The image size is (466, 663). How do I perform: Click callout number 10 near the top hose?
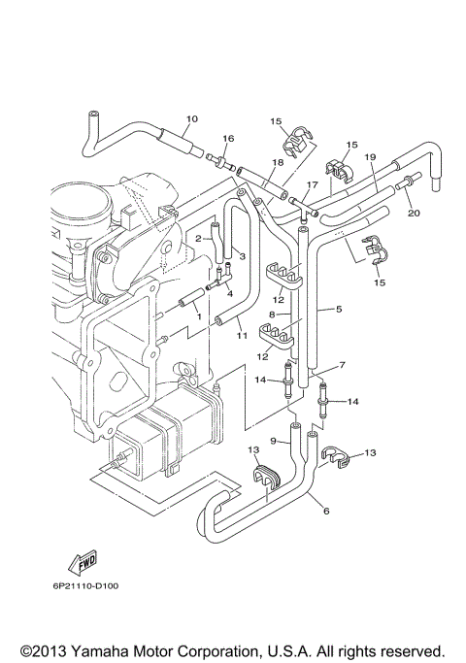[x=191, y=118]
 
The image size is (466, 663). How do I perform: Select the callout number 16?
[x=229, y=139]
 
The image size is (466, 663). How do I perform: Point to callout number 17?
[x=312, y=184]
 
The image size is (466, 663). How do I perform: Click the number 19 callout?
[x=370, y=157]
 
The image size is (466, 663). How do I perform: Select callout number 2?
[x=198, y=238]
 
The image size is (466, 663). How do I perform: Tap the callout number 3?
[x=243, y=256]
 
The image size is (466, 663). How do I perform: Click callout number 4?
[x=230, y=291]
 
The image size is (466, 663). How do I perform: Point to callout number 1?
[x=198, y=317]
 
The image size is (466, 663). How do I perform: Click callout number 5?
[x=338, y=311]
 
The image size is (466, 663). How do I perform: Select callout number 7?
[x=341, y=366]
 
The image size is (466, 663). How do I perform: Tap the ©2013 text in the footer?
[x=41, y=649]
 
